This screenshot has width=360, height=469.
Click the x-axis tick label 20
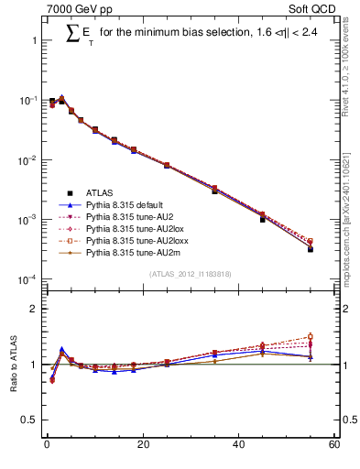[x=142, y=444]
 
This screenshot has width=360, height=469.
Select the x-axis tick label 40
[x=238, y=444]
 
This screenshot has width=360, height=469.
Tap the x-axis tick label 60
[x=334, y=444]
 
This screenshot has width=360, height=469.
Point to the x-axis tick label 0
[x=46, y=444]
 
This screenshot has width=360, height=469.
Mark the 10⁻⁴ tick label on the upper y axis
[x=27, y=279]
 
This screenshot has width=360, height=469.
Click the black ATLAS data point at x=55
[x=310, y=248]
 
